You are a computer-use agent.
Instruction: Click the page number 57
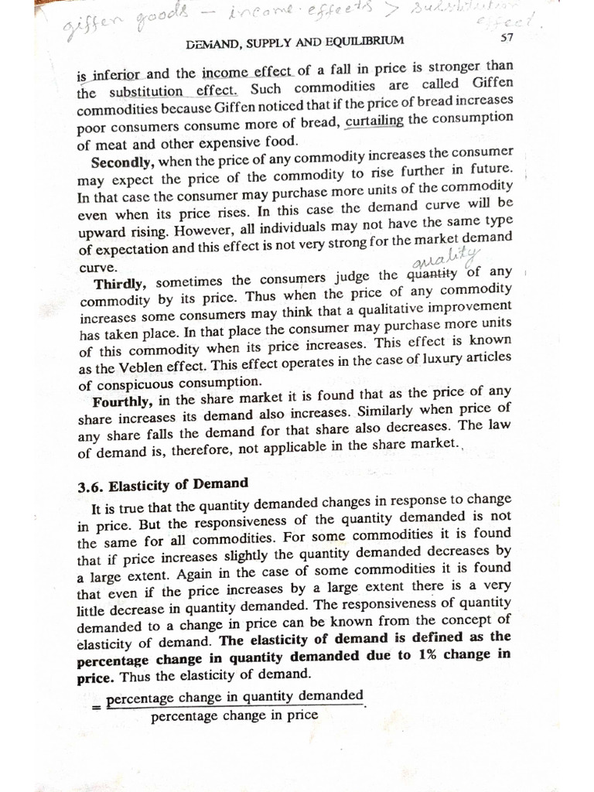click(507, 37)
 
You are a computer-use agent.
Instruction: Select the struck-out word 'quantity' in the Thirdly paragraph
click(433, 274)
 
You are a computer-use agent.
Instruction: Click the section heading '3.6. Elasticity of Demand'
click(163, 485)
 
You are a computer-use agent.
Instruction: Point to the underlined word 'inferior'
click(117, 77)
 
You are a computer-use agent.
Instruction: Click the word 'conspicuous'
click(135, 384)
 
